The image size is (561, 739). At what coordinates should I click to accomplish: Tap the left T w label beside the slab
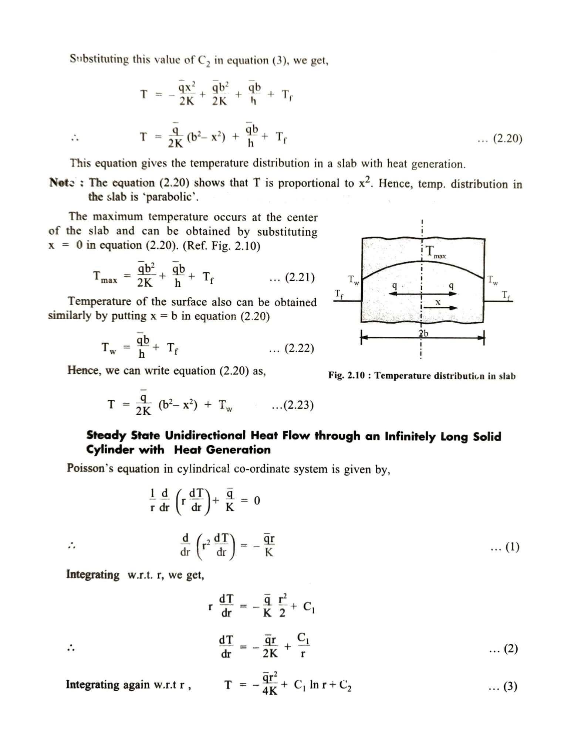[x=354, y=280]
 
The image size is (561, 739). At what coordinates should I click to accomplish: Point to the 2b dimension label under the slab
[x=423, y=333]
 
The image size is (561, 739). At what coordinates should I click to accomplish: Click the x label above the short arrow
[x=438, y=302]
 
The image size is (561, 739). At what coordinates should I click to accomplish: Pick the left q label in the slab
[x=395, y=285]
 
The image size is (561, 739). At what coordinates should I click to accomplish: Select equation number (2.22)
[x=299, y=348]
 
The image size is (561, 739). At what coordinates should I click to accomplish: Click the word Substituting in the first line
[x=99, y=59]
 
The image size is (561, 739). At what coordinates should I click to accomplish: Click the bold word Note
[x=62, y=182]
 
